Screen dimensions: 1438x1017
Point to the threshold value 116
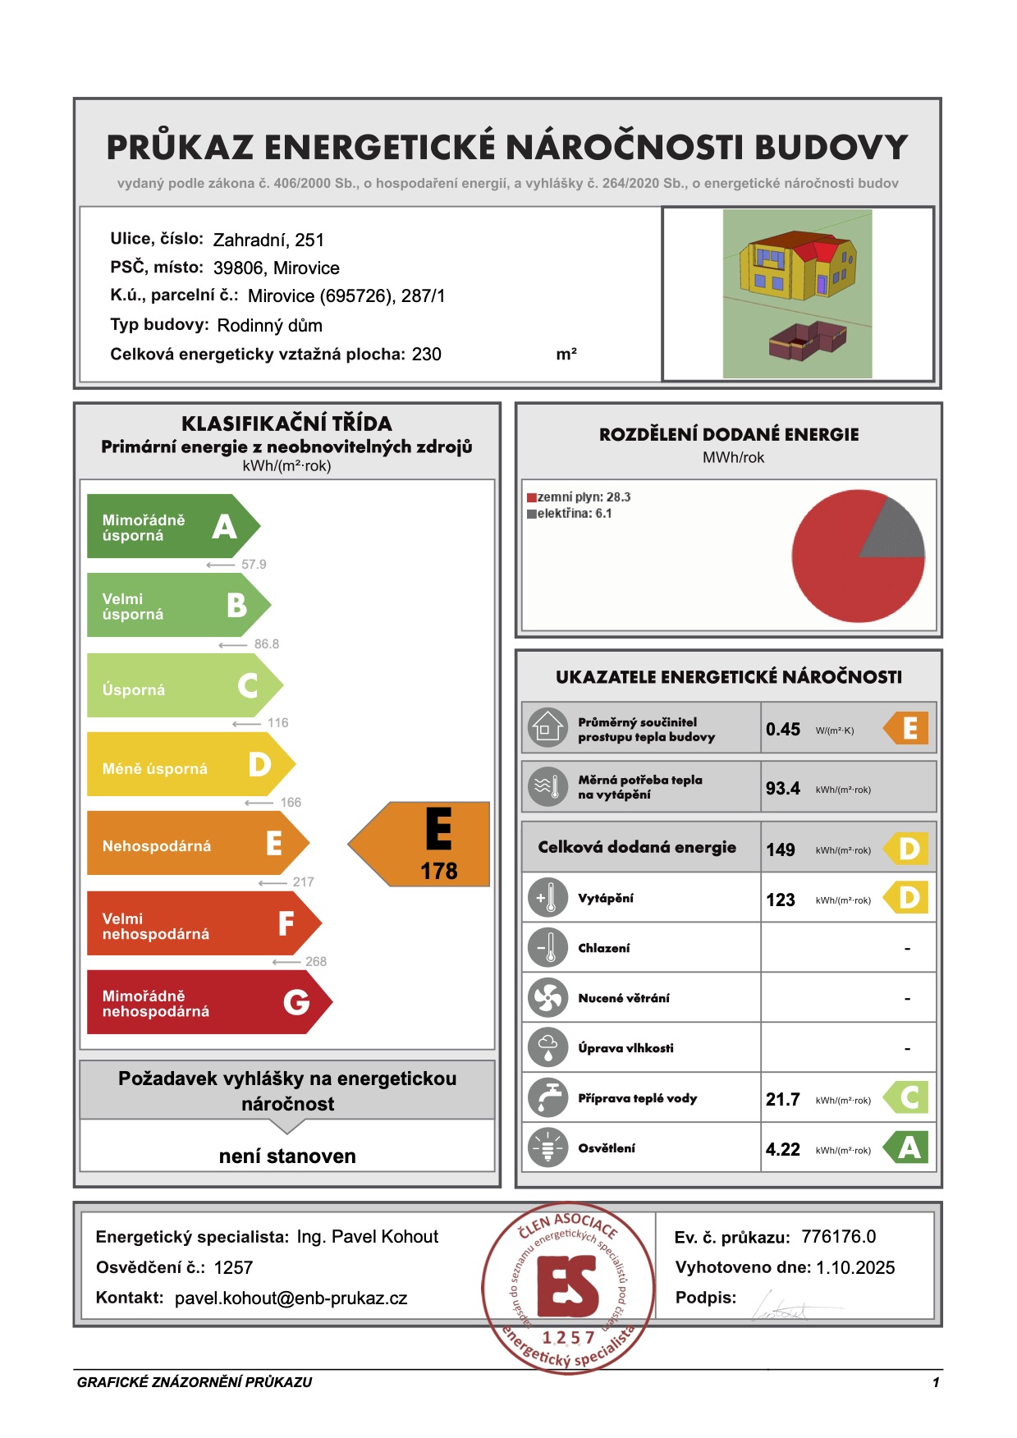(277, 723)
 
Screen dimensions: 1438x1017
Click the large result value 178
(438, 872)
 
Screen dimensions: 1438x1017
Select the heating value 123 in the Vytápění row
(780, 900)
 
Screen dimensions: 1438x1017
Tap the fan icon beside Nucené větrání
(547, 998)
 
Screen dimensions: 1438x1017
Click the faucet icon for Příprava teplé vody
(547, 1098)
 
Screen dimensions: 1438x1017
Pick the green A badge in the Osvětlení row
(907, 1147)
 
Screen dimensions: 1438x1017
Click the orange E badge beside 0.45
(907, 728)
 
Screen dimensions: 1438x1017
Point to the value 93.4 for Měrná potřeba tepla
(782, 789)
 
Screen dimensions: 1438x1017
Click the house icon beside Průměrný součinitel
(547, 728)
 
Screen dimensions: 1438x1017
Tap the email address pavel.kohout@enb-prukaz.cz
(291, 1298)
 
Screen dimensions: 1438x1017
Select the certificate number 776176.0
(838, 1237)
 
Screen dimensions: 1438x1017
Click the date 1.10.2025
(854, 1268)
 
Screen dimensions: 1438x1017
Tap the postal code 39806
(238, 268)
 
